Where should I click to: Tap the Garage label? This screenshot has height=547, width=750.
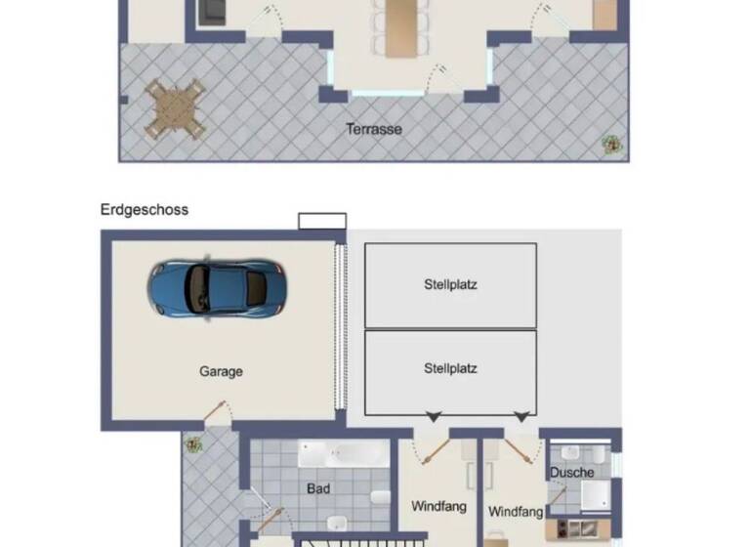coord(221,371)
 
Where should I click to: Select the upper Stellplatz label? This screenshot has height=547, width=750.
coord(450,286)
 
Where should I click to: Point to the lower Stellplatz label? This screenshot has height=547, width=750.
coord(450,369)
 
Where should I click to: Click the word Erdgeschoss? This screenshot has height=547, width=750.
coord(144,210)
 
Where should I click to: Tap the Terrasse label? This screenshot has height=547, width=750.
coord(374,129)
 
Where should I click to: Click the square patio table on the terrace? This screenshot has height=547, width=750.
coord(175,108)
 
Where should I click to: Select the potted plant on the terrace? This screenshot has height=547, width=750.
coord(611,144)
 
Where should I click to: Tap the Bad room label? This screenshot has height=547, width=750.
coord(317,489)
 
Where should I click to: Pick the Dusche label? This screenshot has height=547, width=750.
coord(571,473)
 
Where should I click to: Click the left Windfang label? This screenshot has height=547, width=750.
coord(438,507)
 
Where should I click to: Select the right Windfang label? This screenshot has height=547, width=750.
coord(516,512)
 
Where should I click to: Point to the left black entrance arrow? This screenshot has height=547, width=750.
coord(432,417)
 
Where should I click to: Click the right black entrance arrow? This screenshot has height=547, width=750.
coord(522,417)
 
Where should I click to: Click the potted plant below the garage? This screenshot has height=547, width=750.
coord(193,444)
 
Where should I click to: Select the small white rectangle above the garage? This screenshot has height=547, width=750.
coord(321,221)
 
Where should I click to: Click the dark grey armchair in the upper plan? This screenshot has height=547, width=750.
coord(212,12)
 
